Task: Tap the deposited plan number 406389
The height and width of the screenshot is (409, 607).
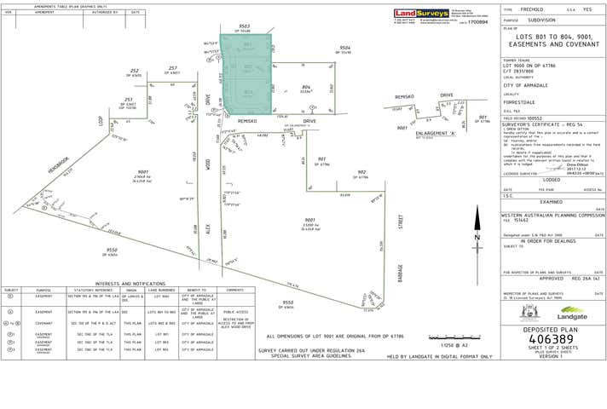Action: (553, 342)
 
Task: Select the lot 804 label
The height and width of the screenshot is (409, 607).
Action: (306, 87)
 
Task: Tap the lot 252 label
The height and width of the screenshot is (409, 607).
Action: (135, 71)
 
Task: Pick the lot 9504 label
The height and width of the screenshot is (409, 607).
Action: (344, 48)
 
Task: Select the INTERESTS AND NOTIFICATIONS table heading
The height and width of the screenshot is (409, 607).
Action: (130, 283)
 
